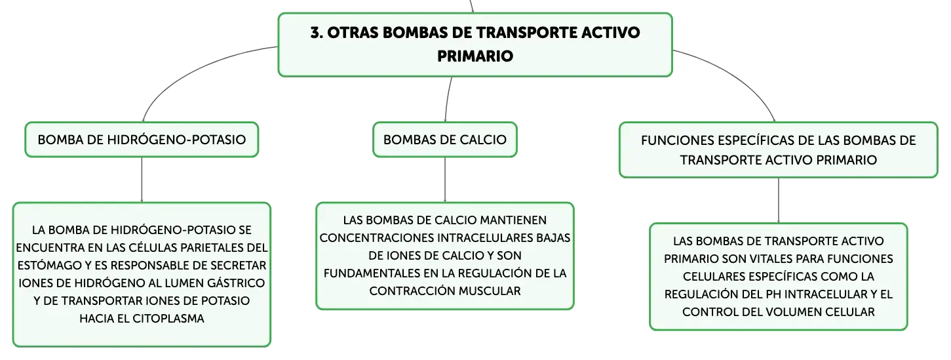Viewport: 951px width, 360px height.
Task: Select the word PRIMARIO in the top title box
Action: [x=475, y=56]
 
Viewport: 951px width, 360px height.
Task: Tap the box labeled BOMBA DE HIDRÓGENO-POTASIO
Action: [x=142, y=140]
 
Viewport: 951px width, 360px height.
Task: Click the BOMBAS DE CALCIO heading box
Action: [x=445, y=140]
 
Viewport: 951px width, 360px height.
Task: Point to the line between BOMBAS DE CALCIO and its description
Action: [x=445, y=180]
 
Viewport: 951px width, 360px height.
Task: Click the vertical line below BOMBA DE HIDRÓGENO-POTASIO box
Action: [x=142, y=180]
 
